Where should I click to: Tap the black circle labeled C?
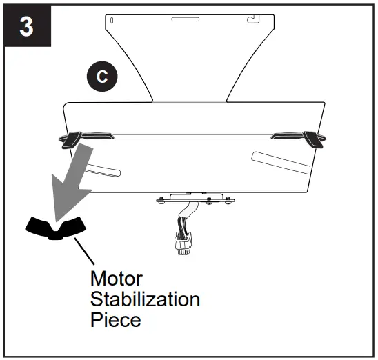pos(101,77)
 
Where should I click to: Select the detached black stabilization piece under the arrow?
pos(54,227)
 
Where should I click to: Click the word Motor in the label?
pos(116,279)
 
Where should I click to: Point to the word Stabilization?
pos(145,299)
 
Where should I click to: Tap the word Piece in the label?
pos(115,320)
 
